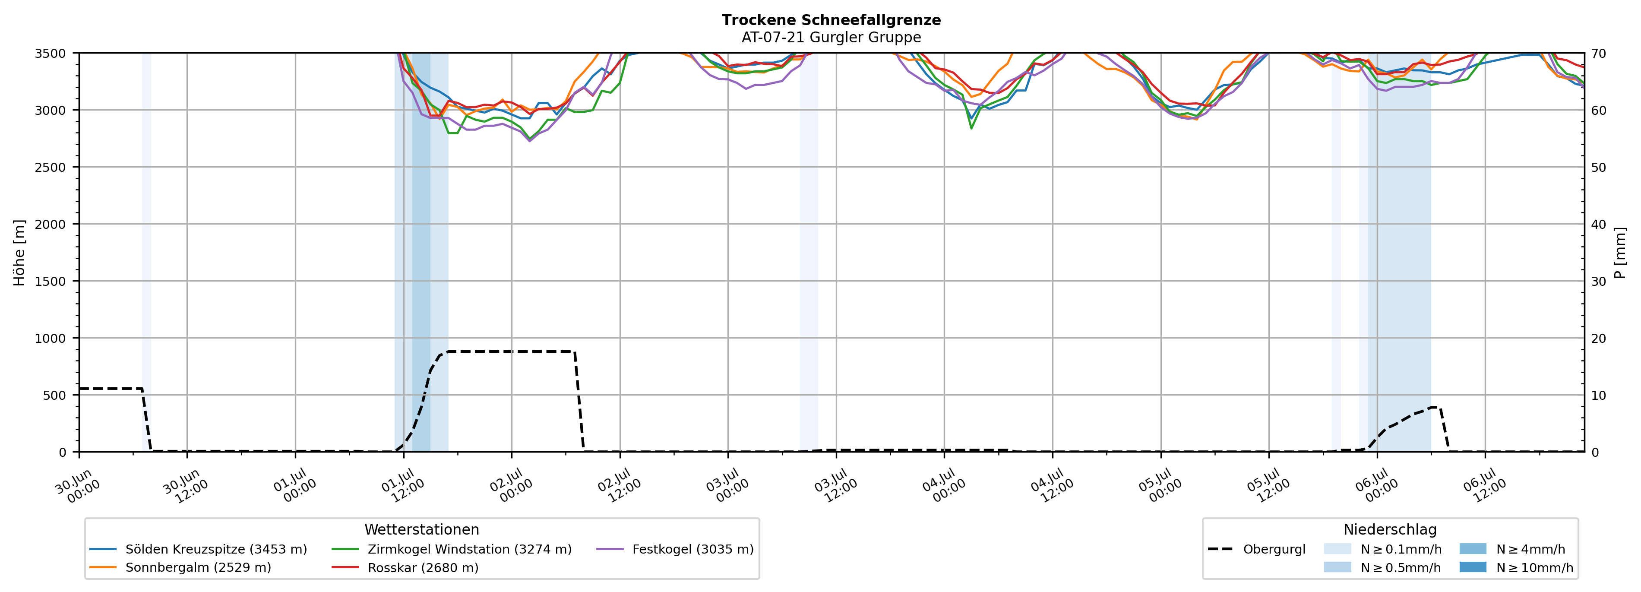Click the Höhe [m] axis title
pos(19,252)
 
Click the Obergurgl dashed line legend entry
pos(1256,549)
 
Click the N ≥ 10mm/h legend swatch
pos(1473,567)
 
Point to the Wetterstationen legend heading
pos(422,529)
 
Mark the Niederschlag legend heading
pos(1390,529)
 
